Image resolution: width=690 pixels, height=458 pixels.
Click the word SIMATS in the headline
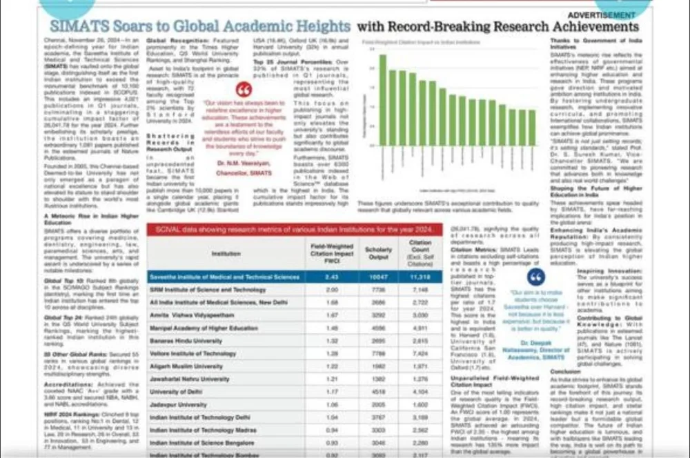pyautogui.click(x=77, y=27)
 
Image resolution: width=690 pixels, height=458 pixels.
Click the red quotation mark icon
pyautogui.click(x=244, y=90)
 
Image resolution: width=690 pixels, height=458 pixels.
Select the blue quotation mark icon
pyautogui.click(x=535, y=276)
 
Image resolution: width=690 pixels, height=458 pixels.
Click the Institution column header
pyautogui.click(x=226, y=253)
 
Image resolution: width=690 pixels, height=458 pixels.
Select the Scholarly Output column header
pyautogui.click(x=377, y=253)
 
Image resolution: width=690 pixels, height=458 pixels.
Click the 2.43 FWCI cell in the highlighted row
pyautogui.click(x=331, y=277)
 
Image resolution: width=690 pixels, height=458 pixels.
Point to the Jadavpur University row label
pyautogui.click(x=173, y=404)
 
